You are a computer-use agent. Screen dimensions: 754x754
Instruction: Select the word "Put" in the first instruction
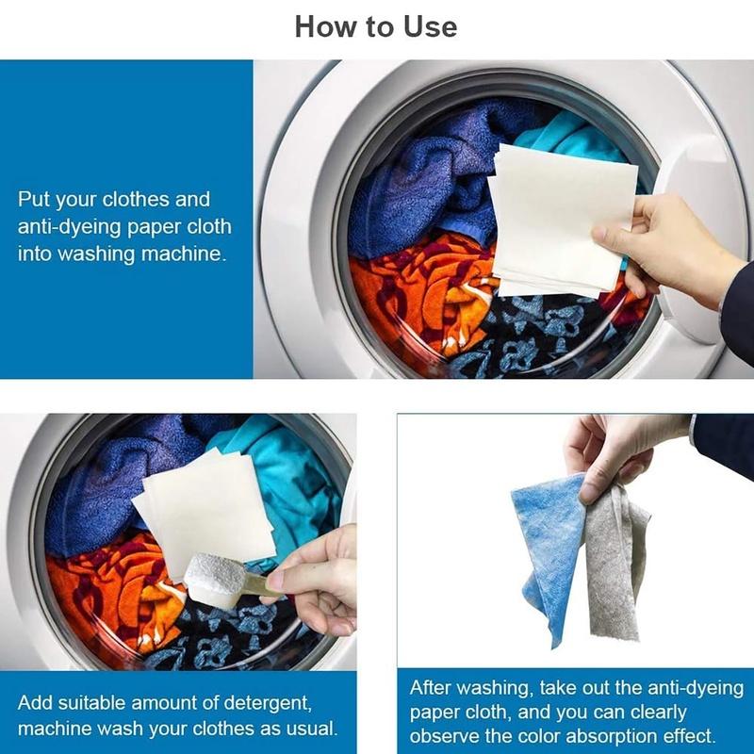coord(34,201)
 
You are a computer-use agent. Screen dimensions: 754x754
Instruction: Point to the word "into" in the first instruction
coord(36,254)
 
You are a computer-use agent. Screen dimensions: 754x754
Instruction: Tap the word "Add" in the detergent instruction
coord(35,703)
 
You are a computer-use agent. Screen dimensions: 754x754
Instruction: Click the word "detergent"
coord(265,703)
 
